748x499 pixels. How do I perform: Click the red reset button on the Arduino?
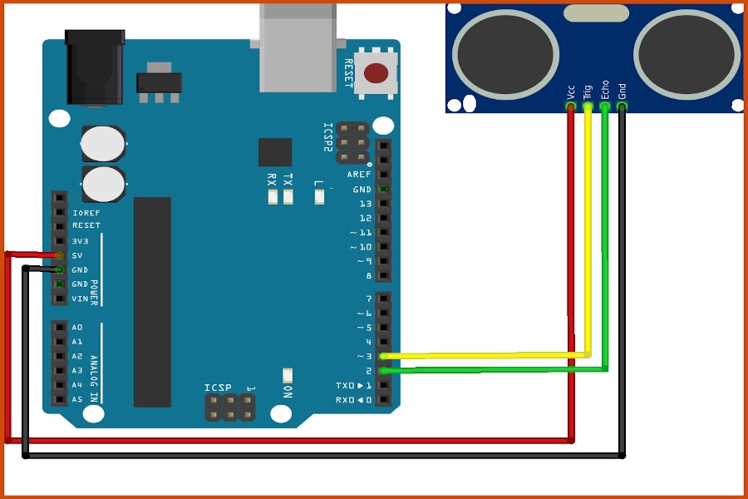tap(376, 73)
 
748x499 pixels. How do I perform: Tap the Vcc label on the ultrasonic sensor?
tap(570, 92)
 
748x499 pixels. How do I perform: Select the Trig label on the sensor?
tap(588, 91)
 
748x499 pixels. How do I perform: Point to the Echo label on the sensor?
tap(604, 90)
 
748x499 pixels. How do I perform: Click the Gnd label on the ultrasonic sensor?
tap(622, 91)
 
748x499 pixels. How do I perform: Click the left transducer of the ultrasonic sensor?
tap(505, 54)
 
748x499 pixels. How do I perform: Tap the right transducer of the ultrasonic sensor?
tap(687, 54)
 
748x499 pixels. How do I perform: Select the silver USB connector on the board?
tap(298, 47)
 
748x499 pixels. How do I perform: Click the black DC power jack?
tap(95, 67)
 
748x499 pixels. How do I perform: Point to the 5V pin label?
tap(77, 255)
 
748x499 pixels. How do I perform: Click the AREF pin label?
tap(359, 175)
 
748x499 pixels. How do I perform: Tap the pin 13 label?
tap(366, 204)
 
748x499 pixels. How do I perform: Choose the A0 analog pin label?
tap(77, 327)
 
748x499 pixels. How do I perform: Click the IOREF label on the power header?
tap(86, 213)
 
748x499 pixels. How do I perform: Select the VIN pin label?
tap(80, 299)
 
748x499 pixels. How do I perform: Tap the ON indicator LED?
tap(288, 375)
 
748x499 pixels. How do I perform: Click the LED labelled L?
tap(319, 197)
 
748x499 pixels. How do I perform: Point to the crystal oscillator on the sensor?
tap(596, 13)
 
